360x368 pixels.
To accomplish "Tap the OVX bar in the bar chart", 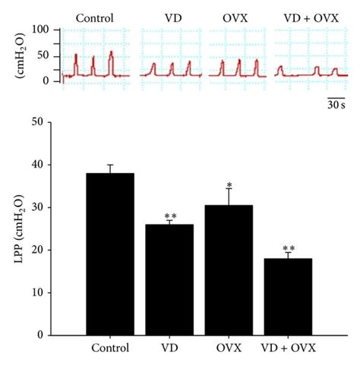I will click(x=229, y=270).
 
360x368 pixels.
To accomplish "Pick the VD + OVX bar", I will click(x=288, y=297).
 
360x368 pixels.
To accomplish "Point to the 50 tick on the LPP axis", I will click(x=52, y=122).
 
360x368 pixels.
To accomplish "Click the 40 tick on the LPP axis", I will click(x=52, y=165).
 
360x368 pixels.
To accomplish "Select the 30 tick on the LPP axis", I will click(x=52, y=207).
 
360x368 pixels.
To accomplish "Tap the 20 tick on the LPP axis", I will click(x=52, y=250).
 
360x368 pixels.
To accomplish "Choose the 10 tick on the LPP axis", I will click(x=52, y=292).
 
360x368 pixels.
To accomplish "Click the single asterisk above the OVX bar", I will click(x=229, y=184).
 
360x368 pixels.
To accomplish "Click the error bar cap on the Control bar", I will click(x=110, y=165).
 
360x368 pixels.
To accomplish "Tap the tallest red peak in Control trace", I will click(x=111, y=53).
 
